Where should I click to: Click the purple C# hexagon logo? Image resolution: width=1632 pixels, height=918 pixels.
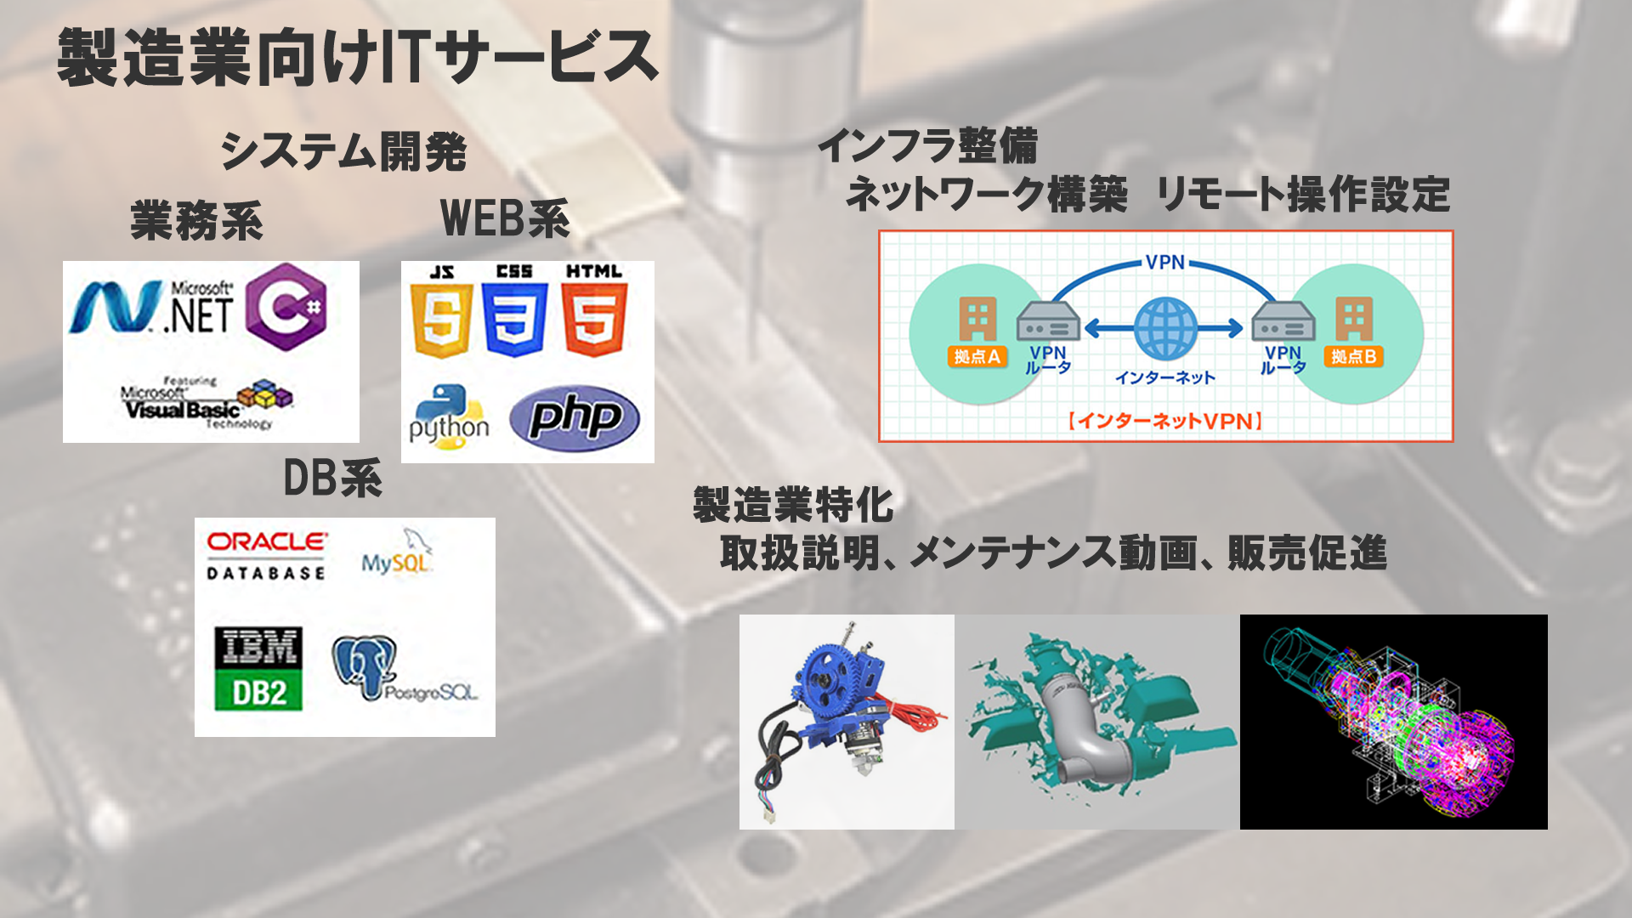pyautogui.click(x=286, y=307)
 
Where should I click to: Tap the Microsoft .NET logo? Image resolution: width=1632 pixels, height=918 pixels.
pyautogui.click(x=152, y=308)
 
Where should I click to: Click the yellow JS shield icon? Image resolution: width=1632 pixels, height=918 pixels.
pyautogui.click(x=441, y=319)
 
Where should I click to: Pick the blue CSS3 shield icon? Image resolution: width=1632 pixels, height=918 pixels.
pyautogui.click(x=514, y=319)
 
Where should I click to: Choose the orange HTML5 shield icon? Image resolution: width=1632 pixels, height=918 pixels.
pyautogui.click(x=594, y=319)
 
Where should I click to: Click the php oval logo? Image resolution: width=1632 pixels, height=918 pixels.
pyautogui.click(x=575, y=418)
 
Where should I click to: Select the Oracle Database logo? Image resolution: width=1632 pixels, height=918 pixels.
pyautogui.click(x=267, y=555)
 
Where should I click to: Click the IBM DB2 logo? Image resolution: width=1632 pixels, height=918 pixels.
pyautogui.click(x=258, y=669)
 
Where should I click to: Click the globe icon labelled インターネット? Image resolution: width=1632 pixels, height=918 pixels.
pyautogui.click(x=1165, y=328)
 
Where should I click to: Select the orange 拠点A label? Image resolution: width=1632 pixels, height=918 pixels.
pyautogui.click(x=977, y=357)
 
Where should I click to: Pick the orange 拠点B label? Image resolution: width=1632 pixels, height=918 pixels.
pyautogui.click(x=1353, y=357)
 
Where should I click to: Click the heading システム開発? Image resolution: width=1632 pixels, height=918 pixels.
pyautogui.click(x=343, y=152)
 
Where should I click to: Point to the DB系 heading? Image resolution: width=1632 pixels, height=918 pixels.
pyautogui.click(x=332, y=479)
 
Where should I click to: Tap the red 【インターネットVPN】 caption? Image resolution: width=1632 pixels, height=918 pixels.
pyautogui.click(x=1165, y=422)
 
